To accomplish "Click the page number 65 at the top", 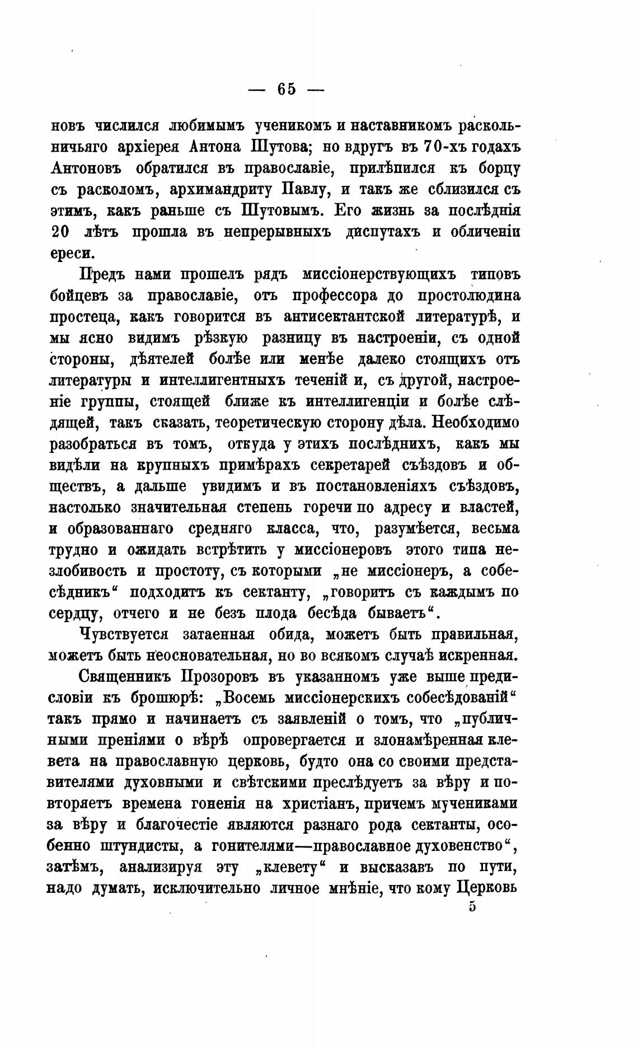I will tap(285, 90).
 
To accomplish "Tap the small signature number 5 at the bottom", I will tap(472, 907).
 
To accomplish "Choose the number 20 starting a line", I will tap(61, 232).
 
